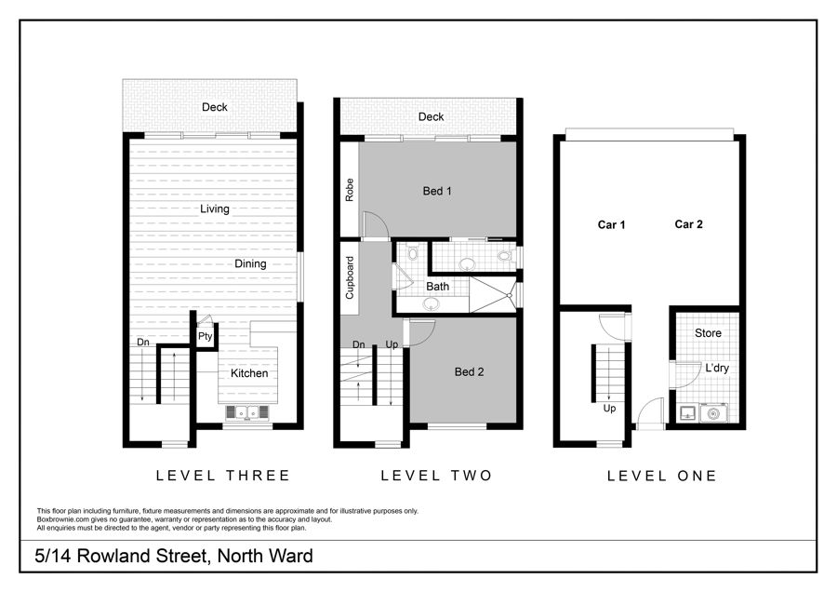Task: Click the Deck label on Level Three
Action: point(215,107)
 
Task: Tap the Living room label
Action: point(215,209)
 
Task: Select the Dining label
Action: point(250,264)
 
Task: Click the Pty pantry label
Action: point(205,337)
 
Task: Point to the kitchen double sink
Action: point(247,413)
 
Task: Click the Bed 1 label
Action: point(437,191)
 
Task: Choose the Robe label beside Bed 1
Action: point(350,190)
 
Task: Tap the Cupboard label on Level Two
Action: point(350,277)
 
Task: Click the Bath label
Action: point(437,287)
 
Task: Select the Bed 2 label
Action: point(470,372)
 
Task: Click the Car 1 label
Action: point(611,225)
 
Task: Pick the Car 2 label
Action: point(688,224)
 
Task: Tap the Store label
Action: point(708,333)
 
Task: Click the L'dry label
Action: point(717,368)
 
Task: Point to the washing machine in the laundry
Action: point(713,413)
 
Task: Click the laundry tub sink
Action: point(687,413)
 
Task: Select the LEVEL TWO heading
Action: point(436,476)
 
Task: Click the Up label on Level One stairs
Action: point(609,409)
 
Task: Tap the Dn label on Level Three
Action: point(143,342)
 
